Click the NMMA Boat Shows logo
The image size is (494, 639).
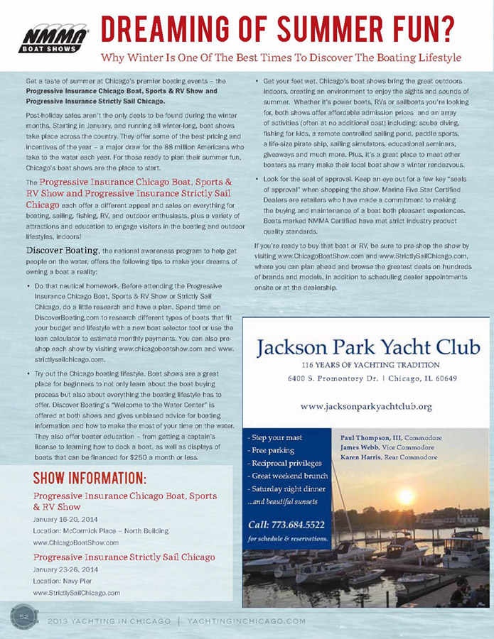pyautogui.click(x=53, y=38)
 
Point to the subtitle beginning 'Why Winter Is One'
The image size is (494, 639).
pyautogui.click(x=281, y=57)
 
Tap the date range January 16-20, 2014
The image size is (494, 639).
pyautogui.click(x=65, y=519)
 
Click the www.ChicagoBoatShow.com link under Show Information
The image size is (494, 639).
pyautogui.click(x=76, y=542)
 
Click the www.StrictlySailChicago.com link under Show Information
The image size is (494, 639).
pyautogui.click(x=77, y=592)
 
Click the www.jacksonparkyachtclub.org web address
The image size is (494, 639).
pyautogui.click(x=366, y=406)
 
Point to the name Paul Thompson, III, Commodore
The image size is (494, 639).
pyautogui.click(x=391, y=438)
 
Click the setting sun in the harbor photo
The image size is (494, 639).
pyautogui.click(x=406, y=496)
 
